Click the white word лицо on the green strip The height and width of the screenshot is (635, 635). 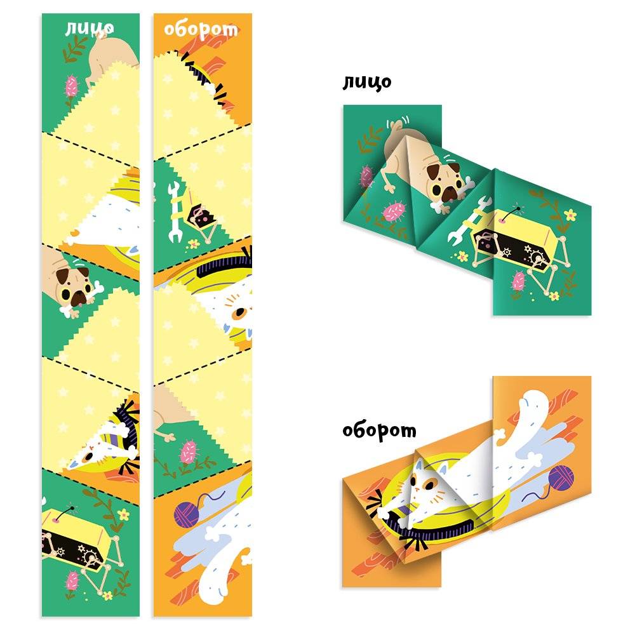coord(90,29)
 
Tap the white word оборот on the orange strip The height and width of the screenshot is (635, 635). coord(201,30)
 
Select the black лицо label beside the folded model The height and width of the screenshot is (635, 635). coord(367,82)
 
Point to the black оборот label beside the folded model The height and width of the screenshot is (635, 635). coord(379,430)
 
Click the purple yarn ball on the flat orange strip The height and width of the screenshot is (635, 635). coord(187,514)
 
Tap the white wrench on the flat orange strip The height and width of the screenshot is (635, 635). coord(175,212)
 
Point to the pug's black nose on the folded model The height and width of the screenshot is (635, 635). coord(448,196)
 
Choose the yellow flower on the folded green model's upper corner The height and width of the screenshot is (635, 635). coord(570,214)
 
